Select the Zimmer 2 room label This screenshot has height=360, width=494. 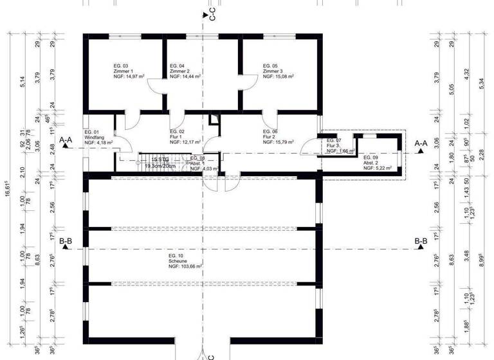coord(180,71)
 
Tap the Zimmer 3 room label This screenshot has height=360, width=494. coord(273,71)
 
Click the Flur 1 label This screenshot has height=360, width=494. coord(177,138)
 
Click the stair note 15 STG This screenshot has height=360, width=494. coord(152,159)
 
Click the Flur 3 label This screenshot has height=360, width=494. coord(333,145)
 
